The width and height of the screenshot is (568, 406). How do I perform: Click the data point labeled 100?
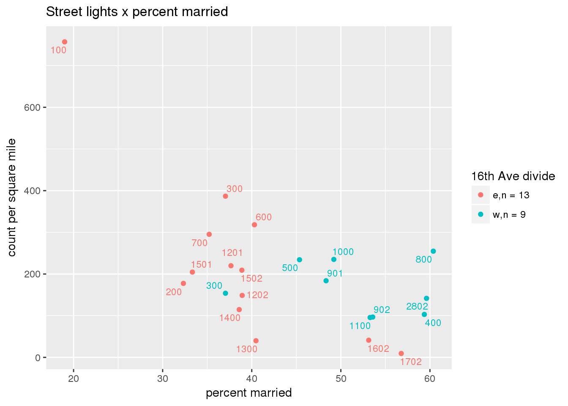click(65, 42)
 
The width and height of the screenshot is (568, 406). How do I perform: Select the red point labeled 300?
click(225, 196)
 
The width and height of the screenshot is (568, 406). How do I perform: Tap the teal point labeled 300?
click(225, 294)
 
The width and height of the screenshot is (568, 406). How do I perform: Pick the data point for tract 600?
click(254, 225)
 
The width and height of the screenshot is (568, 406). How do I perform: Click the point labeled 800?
click(433, 251)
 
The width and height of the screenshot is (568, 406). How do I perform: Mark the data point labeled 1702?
click(401, 354)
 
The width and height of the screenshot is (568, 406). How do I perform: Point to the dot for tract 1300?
click(256, 341)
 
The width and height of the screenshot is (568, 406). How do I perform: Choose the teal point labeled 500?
click(300, 260)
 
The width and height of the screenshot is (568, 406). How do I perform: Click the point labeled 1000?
click(334, 259)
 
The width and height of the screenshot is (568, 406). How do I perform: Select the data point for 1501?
click(192, 272)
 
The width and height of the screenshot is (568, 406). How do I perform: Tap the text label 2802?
click(417, 307)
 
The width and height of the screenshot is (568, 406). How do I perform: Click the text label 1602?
click(378, 349)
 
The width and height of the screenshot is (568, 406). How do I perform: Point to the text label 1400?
click(230, 318)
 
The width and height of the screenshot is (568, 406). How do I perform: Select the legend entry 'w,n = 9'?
click(509, 215)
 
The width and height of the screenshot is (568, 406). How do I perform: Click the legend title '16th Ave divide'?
click(513, 176)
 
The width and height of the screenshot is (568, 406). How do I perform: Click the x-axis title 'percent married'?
click(248, 393)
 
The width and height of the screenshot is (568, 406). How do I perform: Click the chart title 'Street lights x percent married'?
click(137, 12)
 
